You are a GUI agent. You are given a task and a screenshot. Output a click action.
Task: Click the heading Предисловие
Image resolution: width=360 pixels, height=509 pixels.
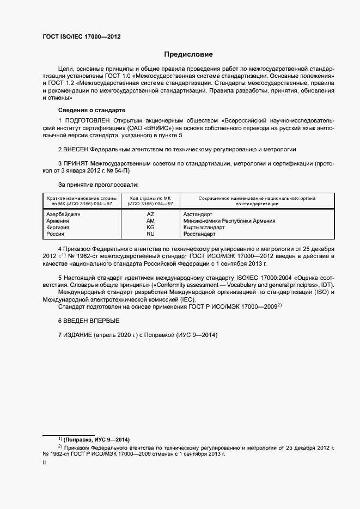click(188, 54)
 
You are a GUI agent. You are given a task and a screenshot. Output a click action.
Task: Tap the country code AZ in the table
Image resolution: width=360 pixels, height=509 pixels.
click(150, 214)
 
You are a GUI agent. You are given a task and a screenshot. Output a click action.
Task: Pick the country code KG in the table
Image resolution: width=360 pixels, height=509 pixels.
click(150, 228)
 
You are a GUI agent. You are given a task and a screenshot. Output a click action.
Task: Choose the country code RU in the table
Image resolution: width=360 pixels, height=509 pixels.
click(150, 234)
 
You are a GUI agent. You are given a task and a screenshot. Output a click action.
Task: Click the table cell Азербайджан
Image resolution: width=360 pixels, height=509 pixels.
click(64, 214)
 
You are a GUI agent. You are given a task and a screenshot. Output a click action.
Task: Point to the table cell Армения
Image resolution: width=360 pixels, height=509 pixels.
click(58, 221)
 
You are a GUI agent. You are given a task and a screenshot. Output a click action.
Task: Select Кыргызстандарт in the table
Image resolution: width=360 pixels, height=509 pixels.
click(204, 228)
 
